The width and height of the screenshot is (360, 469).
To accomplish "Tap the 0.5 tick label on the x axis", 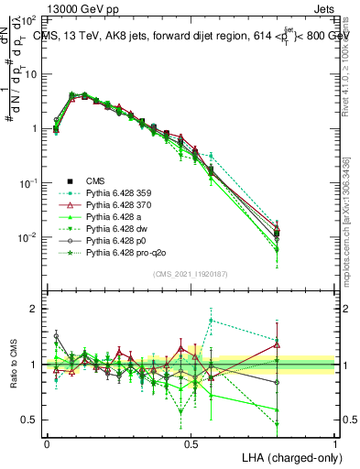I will point(191,442).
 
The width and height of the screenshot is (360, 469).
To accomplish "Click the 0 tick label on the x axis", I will point(47,442).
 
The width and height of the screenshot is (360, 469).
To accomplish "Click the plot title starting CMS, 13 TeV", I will point(192,35).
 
